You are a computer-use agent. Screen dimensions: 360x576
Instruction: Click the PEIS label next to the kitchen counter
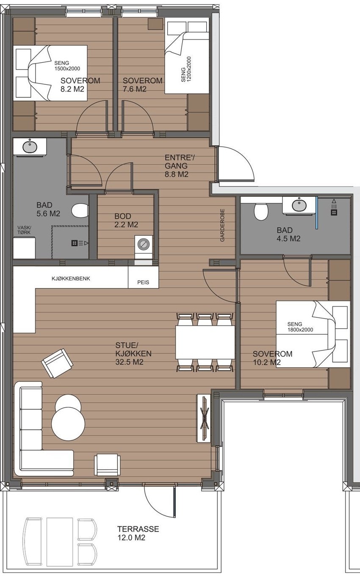(x=143, y=282)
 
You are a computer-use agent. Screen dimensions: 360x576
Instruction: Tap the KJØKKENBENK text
(x=71, y=278)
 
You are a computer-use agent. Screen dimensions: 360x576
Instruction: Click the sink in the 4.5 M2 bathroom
(x=299, y=205)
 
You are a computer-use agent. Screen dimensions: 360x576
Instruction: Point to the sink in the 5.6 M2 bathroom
(x=30, y=147)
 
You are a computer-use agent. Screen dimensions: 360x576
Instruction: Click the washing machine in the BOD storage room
(x=144, y=244)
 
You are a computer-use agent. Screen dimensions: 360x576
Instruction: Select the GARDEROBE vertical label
(x=222, y=225)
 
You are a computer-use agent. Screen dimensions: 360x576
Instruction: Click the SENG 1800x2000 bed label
(x=300, y=327)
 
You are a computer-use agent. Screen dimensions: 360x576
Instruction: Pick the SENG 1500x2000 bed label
(x=67, y=66)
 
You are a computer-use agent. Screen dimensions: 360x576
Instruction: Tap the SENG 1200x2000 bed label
(x=186, y=69)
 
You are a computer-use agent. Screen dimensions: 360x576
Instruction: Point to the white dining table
(x=205, y=342)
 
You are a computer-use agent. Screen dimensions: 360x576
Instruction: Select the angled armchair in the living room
(x=57, y=363)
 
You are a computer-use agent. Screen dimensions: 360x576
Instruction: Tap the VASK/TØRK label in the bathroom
(x=24, y=230)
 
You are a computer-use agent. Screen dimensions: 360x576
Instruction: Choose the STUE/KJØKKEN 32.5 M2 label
(x=133, y=353)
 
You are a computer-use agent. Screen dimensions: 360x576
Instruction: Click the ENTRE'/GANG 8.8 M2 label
(x=180, y=166)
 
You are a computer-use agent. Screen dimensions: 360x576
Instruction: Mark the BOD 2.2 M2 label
(x=126, y=220)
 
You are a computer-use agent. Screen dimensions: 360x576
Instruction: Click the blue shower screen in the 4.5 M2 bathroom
(x=317, y=212)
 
